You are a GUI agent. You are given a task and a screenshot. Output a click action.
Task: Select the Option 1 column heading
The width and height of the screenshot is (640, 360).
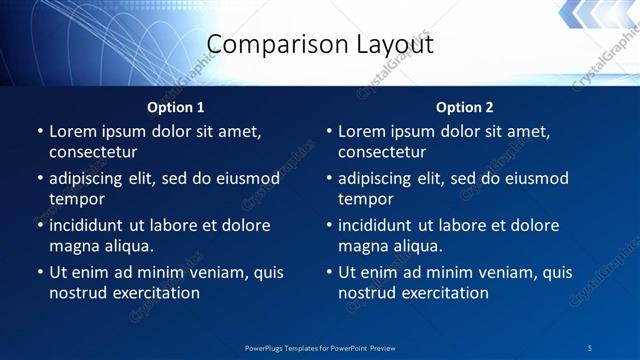[x=176, y=107]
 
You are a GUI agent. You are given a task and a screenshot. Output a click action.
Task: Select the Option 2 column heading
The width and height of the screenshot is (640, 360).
[x=465, y=107]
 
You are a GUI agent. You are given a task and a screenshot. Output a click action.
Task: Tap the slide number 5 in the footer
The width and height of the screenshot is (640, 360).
[x=590, y=347]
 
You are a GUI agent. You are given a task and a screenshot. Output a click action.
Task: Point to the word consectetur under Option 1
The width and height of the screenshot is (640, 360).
[x=92, y=152]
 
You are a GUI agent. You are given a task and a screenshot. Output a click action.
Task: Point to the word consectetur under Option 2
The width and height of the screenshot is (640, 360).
[x=382, y=152]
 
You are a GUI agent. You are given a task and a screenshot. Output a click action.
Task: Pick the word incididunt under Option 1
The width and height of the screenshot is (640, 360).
[x=90, y=225]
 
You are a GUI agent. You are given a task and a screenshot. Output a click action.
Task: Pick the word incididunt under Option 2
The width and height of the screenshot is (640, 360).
[x=380, y=225]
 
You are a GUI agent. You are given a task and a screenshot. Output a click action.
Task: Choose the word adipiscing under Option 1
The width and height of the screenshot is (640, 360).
[x=89, y=178]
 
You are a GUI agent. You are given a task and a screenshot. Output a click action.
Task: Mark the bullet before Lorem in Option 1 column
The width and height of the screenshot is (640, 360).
[x=40, y=131]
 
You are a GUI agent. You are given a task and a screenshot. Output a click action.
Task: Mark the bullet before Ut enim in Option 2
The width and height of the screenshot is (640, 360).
[x=329, y=272]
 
